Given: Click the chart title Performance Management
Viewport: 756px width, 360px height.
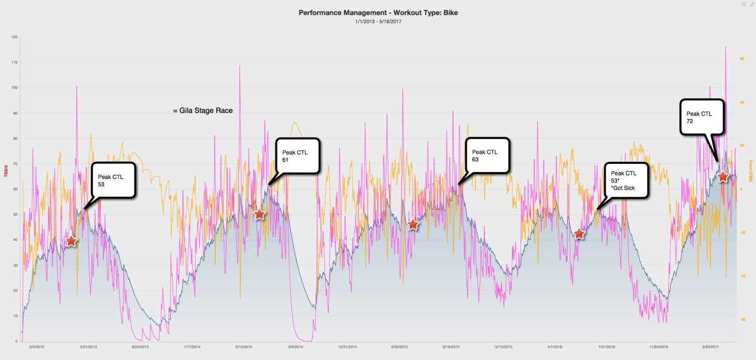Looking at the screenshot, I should coord(378,12).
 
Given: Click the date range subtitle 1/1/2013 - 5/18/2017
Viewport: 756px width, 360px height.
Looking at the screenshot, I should coord(378,21).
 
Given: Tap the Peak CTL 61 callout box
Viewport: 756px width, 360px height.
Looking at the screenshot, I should coord(297,156).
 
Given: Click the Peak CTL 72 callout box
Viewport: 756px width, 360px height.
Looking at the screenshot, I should coord(702,117).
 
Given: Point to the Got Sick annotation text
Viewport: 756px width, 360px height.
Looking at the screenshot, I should coord(623,188).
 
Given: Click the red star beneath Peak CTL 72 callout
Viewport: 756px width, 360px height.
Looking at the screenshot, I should coord(723,176).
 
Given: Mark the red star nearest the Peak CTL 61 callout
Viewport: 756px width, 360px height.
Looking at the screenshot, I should coord(259,214).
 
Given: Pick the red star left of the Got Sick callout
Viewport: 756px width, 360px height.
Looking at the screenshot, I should coord(580,233).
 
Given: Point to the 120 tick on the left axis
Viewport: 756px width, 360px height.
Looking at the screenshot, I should coord(14,37).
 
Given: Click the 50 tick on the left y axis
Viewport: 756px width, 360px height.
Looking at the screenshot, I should coord(15,215).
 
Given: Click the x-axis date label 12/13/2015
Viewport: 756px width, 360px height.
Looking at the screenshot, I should coord(503,347).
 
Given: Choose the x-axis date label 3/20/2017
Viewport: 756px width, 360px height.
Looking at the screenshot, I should coord(711,347).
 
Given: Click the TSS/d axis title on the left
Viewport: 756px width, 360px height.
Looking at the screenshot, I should coord(5,171).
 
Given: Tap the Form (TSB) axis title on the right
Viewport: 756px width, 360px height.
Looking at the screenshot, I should coord(750,171).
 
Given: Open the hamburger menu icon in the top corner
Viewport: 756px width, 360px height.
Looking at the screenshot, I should coord(744,4).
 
